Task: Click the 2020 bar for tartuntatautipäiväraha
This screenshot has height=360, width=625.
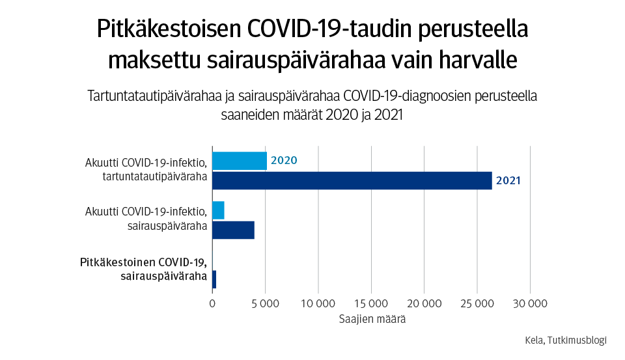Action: coord(239,161)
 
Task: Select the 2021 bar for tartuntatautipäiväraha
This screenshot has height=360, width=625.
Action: coord(352,180)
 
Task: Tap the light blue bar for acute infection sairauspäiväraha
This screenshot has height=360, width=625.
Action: coord(218,210)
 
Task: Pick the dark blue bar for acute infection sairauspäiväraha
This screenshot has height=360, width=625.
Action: coord(233,230)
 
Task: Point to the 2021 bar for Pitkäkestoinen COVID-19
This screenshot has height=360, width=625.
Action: coord(214,279)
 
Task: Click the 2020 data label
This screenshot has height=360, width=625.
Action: coord(284,161)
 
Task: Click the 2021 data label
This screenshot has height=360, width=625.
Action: coord(508,180)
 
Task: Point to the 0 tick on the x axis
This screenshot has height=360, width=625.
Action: coord(212,303)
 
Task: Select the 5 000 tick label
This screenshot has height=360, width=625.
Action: coord(265,303)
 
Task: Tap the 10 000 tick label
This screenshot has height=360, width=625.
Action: coord(318,303)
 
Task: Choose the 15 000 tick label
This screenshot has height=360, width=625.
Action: coord(371,303)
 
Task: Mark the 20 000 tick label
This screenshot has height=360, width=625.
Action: coord(424,303)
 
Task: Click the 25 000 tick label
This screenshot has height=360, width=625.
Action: coord(477,303)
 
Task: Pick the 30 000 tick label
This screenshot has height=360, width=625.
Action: coord(530,303)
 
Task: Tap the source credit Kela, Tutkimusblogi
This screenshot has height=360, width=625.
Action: coord(565,340)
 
